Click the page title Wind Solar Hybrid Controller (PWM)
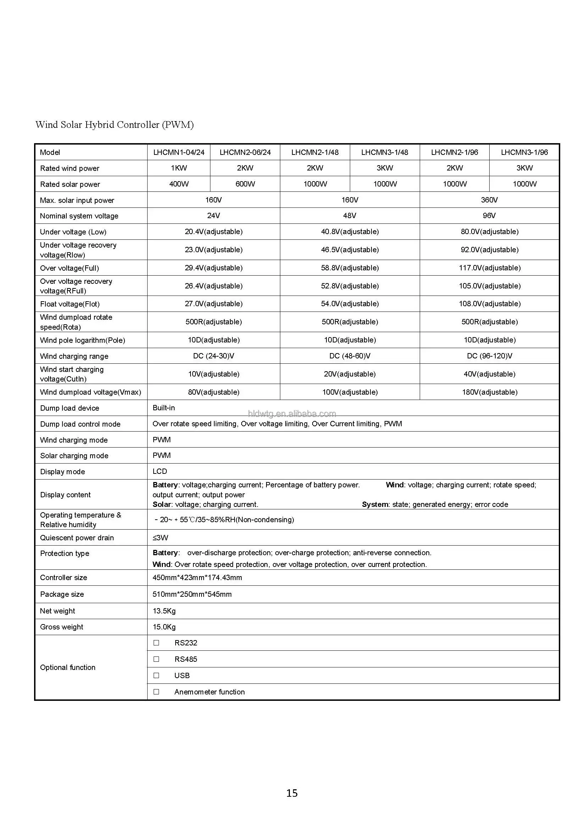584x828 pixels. tap(115, 125)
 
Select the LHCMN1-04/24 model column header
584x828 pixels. tap(179, 152)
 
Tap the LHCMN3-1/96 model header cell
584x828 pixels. tap(524, 152)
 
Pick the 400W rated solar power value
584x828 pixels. tap(179, 184)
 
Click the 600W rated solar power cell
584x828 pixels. tap(245, 184)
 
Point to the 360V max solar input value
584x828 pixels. tap(489, 200)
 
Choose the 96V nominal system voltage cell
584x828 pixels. tap(489, 216)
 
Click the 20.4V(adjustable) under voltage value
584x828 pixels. tap(214, 232)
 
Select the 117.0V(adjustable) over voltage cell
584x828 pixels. tap(490, 267)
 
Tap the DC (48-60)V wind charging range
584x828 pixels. tap(350, 356)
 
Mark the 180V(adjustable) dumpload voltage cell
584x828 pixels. tap(490, 392)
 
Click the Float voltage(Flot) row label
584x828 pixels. tap(70, 304)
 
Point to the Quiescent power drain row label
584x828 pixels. tap(77, 538)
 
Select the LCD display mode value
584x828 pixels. tap(160, 471)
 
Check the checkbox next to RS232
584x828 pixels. tap(156, 643)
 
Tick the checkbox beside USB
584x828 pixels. tap(156, 676)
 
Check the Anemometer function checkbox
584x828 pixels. tap(156, 692)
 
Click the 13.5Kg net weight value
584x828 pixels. tap(164, 611)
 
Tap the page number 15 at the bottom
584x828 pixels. tap(292, 793)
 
